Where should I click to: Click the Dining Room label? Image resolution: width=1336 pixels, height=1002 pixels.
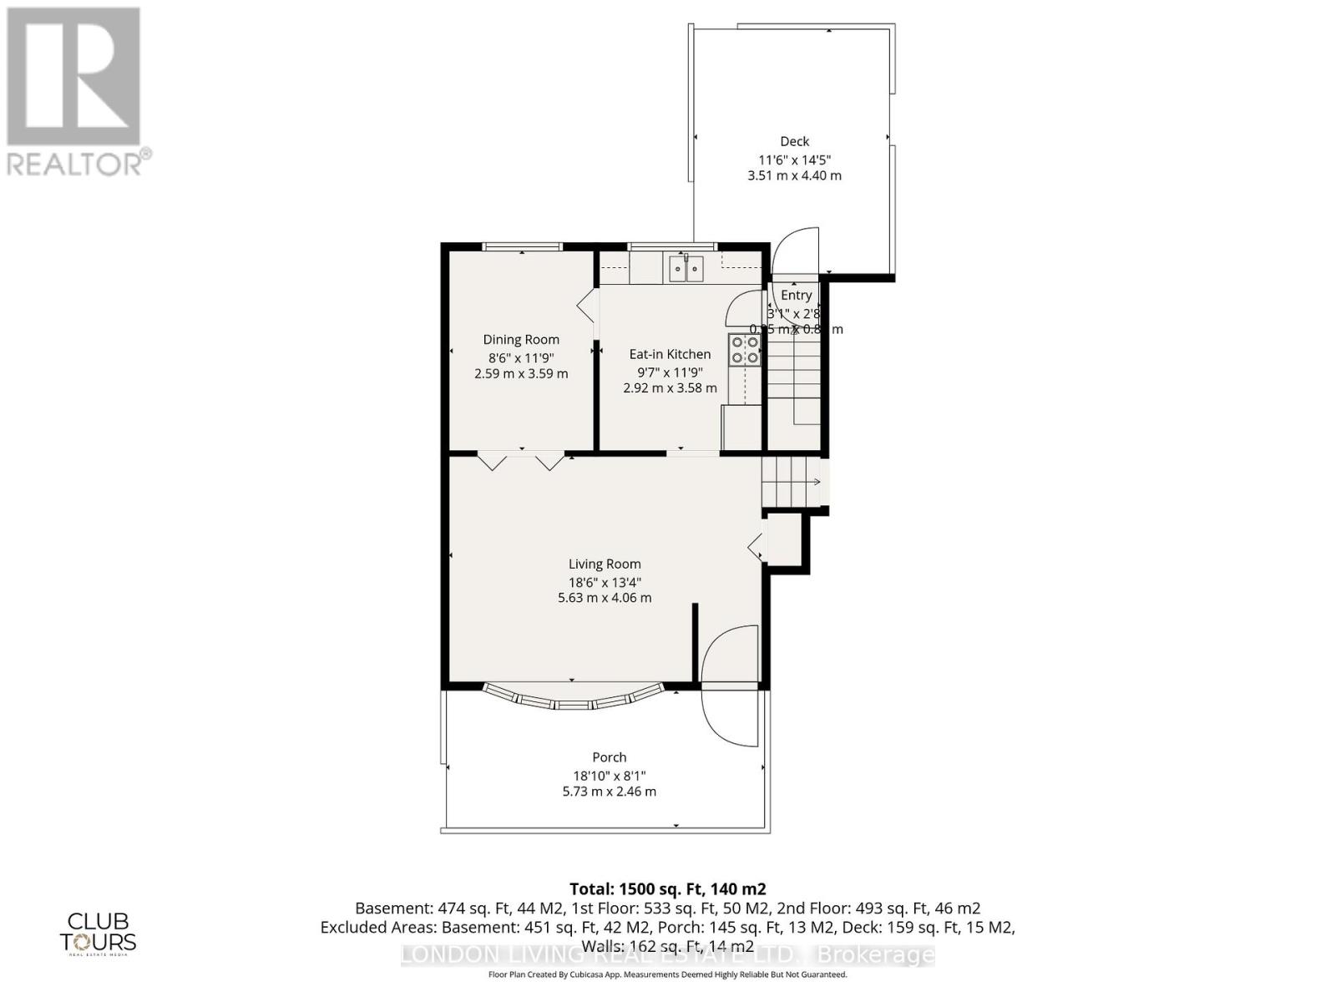[x=521, y=340]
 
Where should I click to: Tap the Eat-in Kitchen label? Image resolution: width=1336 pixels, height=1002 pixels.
[x=670, y=354]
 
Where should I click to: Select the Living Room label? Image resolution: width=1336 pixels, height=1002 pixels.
[x=605, y=564]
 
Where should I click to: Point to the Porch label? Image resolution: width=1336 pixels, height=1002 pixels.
[x=609, y=757]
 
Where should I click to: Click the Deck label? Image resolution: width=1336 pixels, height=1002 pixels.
[x=794, y=142]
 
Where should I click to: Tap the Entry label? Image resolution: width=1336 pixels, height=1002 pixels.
[x=796, y=295]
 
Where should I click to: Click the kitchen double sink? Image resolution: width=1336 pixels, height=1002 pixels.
[x=686, y=269]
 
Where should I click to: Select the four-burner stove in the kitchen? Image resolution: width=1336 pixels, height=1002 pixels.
[x=744, y=349]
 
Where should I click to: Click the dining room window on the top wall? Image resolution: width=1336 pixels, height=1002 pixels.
[x=523, y=246]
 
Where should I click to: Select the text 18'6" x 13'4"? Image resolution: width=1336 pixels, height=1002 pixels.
[x=605, y=582]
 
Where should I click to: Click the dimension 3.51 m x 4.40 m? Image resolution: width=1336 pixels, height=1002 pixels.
[x=794, y=176]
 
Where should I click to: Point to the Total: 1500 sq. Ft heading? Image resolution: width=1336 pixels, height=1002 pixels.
[x=667, y=888]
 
